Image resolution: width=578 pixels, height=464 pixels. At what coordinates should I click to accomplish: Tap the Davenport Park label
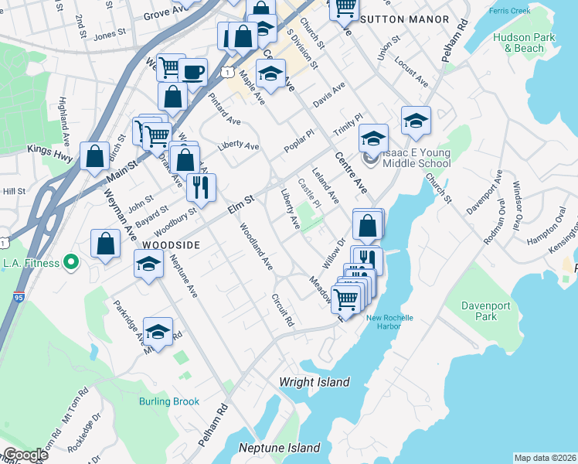point(486,311)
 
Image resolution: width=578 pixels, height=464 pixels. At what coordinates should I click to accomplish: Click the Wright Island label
point(314,382)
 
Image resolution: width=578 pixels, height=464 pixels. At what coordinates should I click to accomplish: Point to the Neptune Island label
point(279,449)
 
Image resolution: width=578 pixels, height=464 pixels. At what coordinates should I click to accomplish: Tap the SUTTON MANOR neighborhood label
point(406,19)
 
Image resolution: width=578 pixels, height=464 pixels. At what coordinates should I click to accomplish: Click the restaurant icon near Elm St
point(201,187)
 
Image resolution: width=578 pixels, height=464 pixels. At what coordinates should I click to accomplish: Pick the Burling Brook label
point(169,401)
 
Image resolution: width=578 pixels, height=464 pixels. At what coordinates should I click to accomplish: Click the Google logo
point(26,455)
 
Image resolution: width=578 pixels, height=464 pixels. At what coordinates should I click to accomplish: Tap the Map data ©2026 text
point(545,458)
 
